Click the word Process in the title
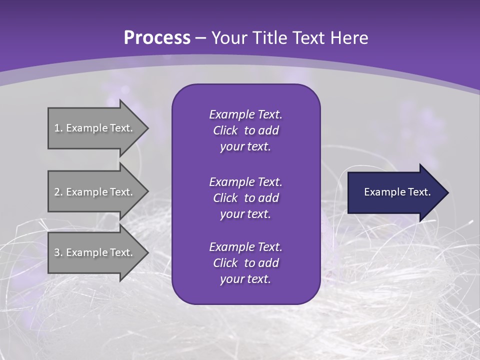point(157,38)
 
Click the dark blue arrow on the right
point(395,192)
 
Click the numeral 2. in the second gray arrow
point(58,192)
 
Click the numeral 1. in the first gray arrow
point(58,128)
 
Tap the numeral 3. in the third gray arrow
point(58,252)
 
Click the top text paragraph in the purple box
point(245,130)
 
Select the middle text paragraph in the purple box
point(245,197)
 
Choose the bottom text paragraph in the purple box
point(245,263)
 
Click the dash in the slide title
point(201,38)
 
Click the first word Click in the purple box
point(225,131)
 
